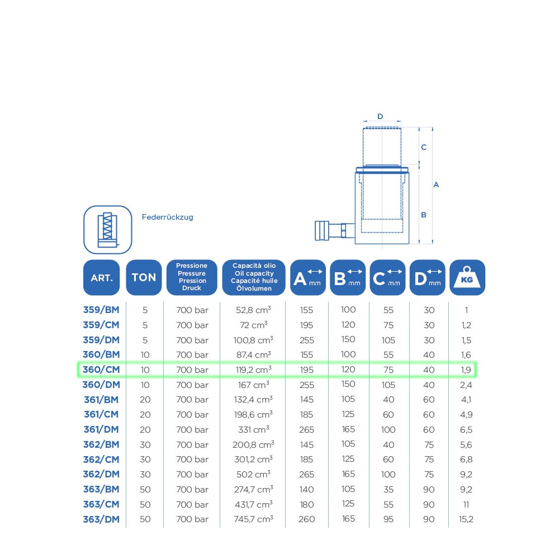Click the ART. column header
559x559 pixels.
click(x=102, y=277)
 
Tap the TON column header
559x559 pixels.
click(x=144, y=277)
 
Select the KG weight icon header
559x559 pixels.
click(x=467, y=277)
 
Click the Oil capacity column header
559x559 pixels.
click(x=254, y=277)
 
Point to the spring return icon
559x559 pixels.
click(x=108, y=230)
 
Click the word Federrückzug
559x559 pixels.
click(x=168, y=217)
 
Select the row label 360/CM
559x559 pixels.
click(x=101, y=369)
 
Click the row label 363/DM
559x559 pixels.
click(x=101, y=519)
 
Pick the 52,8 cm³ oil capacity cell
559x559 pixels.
click(x=253, y=310)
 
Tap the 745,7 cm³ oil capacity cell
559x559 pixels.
click(x=253, y=519)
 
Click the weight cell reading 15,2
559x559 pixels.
click(x=466, y=519)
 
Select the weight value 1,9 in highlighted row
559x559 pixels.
click(x=466, y=369)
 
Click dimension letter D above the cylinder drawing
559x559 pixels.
click(x=380, y=116)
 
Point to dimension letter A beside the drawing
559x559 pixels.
click(x=436, y=184)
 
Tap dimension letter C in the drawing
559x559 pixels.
click(x=424, y=147)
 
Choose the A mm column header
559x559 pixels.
click(x=307, y=277)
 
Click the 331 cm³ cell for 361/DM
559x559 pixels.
click(x=253, y=429)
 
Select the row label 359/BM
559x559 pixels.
click(x=101, y=310)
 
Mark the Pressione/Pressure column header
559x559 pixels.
click(x=192, y=277)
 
